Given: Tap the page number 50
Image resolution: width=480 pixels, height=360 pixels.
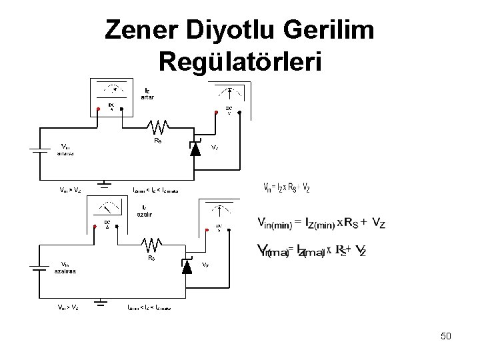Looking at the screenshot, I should point(446,336).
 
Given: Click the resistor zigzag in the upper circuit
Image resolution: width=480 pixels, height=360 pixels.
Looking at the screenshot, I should point(159,125).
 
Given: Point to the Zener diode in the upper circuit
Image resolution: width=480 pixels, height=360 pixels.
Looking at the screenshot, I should point(195,148).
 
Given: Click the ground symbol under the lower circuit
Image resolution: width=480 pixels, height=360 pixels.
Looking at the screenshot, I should point(101,303).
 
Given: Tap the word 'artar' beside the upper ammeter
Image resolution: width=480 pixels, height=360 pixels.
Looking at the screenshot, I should point(147,97).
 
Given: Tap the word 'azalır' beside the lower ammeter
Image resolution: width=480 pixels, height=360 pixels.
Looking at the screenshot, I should point(145,215).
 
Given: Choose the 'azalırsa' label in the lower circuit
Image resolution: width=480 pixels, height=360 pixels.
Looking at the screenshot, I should point(65,272).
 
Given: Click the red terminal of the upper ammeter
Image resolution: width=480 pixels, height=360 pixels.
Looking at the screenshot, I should point(97,111).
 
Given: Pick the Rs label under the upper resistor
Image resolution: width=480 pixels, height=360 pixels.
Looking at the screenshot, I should point(158,141).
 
